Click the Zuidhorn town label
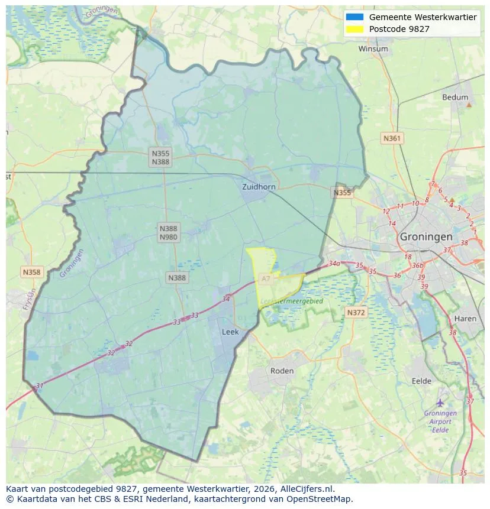[x=259, y=187]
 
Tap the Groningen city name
[x=426, y=236]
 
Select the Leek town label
[x=230, y=332]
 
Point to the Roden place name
[x=282, y=371]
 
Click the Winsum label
[x=373, y=49]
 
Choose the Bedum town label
[x=454, y=98]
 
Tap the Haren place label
[x=465, y=319]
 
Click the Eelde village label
[x=421, y=381]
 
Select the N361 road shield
[x=392, y=138]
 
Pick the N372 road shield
[x=356, y=312]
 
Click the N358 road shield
[x=31, y=272]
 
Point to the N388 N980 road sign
[x=168, y=232]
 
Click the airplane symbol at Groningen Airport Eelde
[x=440, y=403]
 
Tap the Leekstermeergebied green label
[x=292, y=301]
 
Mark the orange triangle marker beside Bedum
[x=469, y=105]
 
